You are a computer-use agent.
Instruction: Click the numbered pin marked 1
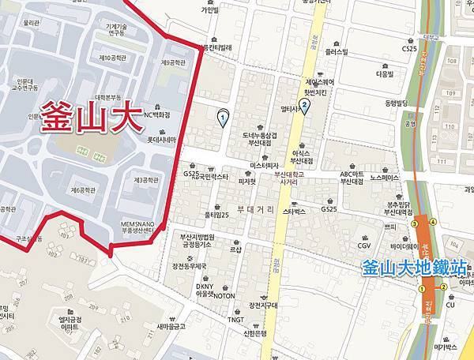point(223,119)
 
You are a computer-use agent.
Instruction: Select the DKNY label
point(205,286)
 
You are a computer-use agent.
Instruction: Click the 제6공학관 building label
point(82,190)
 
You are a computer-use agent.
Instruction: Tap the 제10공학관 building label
point(114,58)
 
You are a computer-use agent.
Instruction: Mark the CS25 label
point(408,48)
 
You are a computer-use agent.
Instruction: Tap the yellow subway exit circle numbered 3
point(413,223)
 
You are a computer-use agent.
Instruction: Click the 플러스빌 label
point(337,52)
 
